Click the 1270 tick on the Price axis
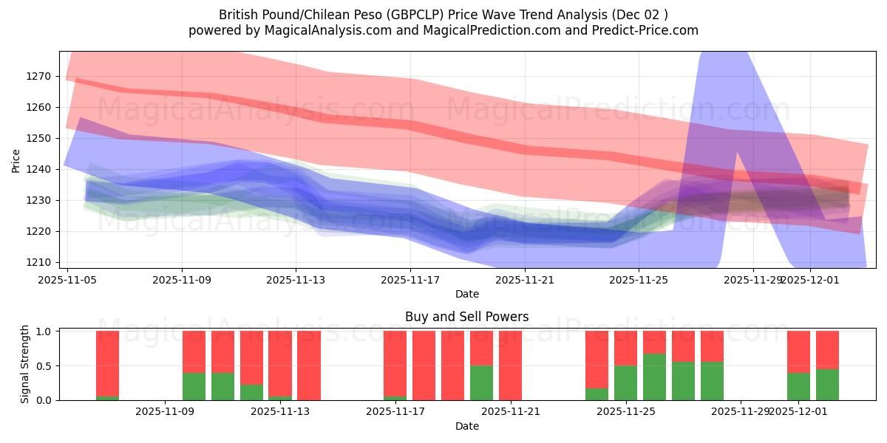(38, 76)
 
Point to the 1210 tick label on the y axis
(38, 262)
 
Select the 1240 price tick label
(38, 169)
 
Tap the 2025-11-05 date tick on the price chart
(68, 280)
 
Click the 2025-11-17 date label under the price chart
(410, 280)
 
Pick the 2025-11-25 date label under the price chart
(639, 280)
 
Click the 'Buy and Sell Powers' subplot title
(466, 317)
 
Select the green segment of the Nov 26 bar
(654, 377)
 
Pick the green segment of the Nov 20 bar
(482, 382)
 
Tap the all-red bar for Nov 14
(309, 365)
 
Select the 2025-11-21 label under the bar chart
(511, 411)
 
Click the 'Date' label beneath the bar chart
(466, 426)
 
